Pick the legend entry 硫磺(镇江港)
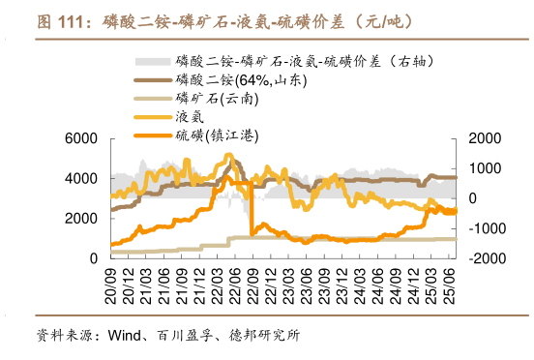[x=218, y=135]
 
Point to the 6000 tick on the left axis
[x=80, y=139]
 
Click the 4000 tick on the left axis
[x=80, y=179]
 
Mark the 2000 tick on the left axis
[x=80, y=219]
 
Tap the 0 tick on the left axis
[x=93, y=258]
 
